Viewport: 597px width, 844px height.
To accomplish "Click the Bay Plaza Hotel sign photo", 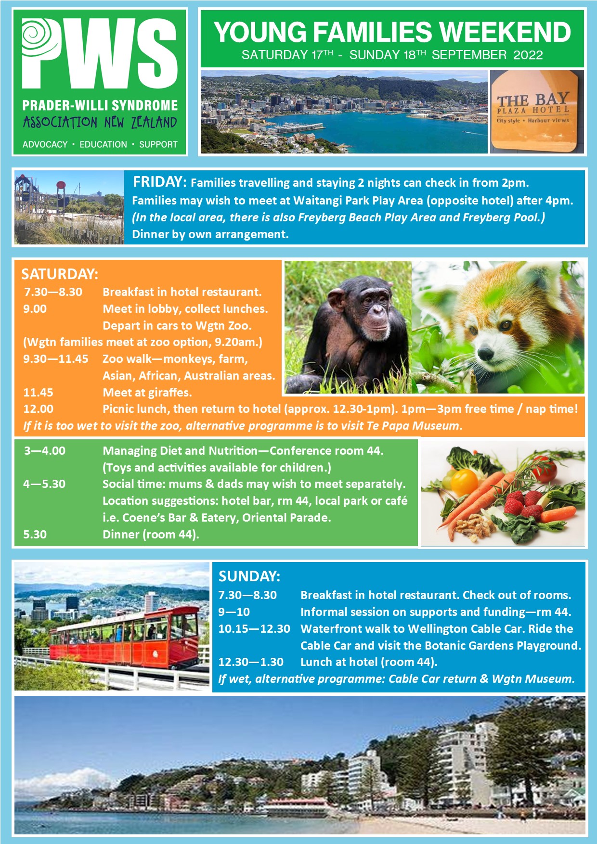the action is (x=537, y=112).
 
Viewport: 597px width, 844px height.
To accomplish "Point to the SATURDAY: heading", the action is (x=60, y=274).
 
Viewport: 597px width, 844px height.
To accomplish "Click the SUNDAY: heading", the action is (x=249, y=576).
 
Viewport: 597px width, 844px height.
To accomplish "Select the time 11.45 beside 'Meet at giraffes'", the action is (x=39, y=393).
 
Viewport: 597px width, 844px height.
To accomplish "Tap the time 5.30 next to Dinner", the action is (x=35, y=535).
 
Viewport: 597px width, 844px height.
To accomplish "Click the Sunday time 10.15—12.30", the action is (x=254, y=629).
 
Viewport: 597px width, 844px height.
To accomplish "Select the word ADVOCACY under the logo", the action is (x=45, y=144).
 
